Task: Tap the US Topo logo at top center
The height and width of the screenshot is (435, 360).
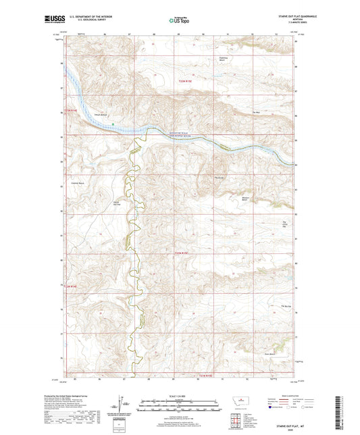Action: point(179,21)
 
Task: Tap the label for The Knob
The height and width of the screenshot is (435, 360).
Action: point(218,178)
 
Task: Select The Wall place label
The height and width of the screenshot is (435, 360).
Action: point(256,111)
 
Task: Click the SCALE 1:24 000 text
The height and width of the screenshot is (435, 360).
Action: point(180,395)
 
